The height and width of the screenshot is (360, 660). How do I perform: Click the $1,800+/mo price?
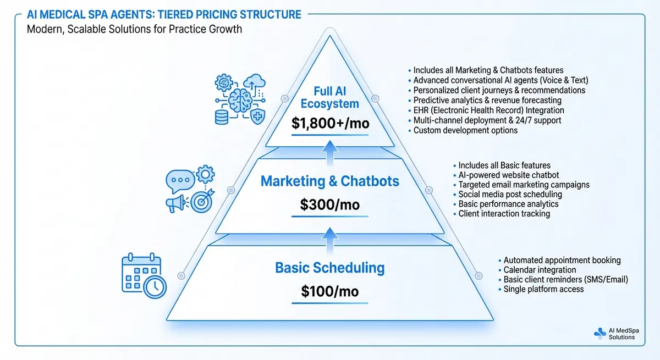330,123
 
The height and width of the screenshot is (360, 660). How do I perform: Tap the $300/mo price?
330,205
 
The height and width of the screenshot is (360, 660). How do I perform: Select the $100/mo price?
330,291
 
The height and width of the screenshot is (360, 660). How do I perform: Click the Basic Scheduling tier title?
330,268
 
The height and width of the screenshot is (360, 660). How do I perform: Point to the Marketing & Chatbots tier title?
330,181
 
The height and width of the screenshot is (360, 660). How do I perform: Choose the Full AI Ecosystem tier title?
330,96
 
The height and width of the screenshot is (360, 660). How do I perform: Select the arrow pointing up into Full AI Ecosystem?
330,151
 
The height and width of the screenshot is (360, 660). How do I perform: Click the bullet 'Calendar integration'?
540,270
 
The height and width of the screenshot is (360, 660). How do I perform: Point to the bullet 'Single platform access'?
543,289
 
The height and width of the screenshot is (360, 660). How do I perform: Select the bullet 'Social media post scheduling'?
510,194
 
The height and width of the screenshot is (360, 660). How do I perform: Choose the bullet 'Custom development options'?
465,130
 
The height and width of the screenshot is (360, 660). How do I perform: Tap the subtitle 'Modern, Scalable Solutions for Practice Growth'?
134,29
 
